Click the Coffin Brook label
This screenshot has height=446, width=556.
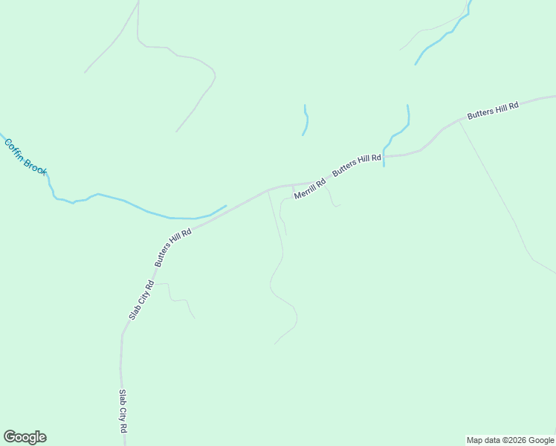coord(25,156)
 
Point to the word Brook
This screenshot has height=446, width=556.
coord(35,166)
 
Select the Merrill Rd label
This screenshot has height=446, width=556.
coord(310,189)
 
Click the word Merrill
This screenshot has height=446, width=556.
coord(306,191)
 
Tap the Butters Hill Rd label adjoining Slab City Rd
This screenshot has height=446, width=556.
coord(173,248)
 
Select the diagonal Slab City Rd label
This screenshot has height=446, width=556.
coord(141,300)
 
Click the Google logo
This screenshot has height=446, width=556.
coord(25,437)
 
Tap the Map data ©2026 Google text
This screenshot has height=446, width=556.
coord(511,440)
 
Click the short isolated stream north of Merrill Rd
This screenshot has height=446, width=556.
coord(306,120)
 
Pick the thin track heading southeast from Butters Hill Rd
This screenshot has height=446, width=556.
coord(494,186)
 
